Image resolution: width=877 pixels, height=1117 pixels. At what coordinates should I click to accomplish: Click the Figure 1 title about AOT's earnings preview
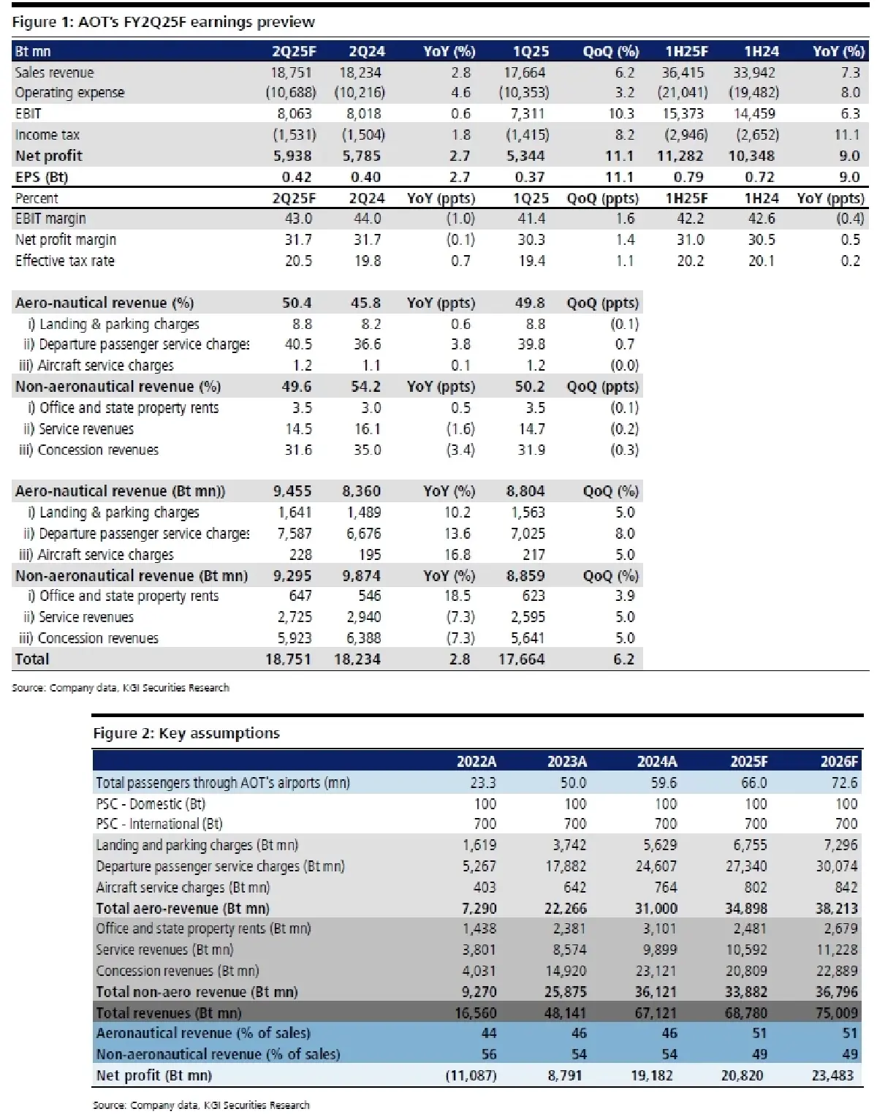pyautogui.click(x=163, y=22)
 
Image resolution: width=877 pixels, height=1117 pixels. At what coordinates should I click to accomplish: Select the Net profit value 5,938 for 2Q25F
pyautogui.click(x=292, y=156)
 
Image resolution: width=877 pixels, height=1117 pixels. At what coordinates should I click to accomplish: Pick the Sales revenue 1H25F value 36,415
pyautogui.click(x=685, y=72)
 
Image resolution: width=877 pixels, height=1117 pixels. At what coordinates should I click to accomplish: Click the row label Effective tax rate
pyautogui.click(x=65, y=261)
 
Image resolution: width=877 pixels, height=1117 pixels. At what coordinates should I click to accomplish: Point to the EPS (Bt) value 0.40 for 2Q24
pyautogui.click(x=365, y=177)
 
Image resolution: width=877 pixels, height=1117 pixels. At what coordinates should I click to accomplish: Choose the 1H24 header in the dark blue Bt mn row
pyautogui.click(x=761, y=51)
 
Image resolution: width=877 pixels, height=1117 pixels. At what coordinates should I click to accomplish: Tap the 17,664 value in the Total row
pyautogui.click(x=521, y=659)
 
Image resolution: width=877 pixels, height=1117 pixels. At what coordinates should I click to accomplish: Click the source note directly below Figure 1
pyautogui.click(x=121, y=688)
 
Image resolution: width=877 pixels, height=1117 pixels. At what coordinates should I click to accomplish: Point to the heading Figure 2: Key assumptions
pyautogui.click(x=186, y=733)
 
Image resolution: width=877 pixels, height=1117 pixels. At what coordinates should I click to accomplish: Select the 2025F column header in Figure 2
pyautogui.click(x=748, y=762)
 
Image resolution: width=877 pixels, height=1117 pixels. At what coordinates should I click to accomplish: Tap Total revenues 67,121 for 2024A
pyautogui.click(x=656, y=1013)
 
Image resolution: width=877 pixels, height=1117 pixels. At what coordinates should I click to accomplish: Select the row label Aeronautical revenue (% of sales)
pyautogui.click(x=203, y=1034)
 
